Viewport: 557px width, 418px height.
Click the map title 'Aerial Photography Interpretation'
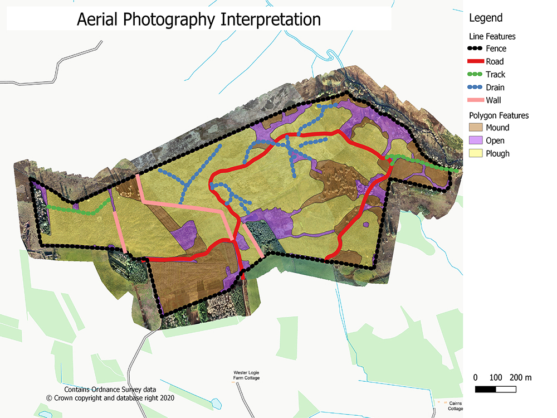click(x=199, y=19)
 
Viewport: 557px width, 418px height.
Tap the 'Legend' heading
click(x=485, y=18)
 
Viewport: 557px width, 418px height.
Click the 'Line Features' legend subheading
click(x=492, y=36)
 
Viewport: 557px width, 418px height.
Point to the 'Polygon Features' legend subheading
click(x=499, y=115)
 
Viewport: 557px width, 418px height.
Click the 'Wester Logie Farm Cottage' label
click(x=246, y=375)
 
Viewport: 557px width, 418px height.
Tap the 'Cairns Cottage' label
click(x=455, y=406)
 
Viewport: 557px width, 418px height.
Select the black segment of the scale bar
click(x=485, y=388)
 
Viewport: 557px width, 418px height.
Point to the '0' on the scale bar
click(x=475, y=377)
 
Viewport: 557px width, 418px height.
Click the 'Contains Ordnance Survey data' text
click(x=110, y=390)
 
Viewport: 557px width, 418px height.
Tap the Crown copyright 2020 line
click(x=110, y=398)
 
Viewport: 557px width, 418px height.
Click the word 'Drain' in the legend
click(x=495, y=88)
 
